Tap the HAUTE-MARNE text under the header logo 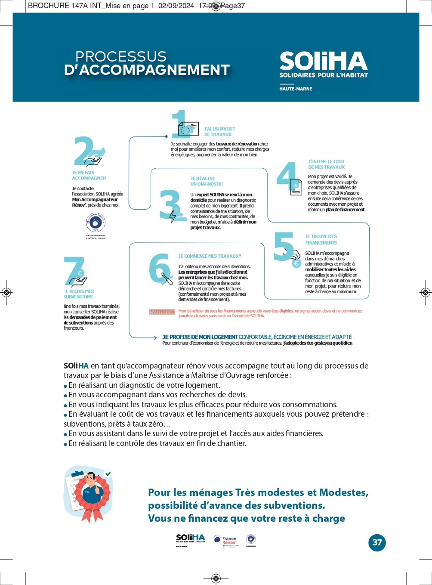(x=296, y=89)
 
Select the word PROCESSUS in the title (x=120, y=56)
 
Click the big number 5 (x=284, y=246)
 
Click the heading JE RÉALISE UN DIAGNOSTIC (x=207, y=181)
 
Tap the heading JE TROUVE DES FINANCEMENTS (x=321, y=239)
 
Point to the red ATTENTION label (x=162, y=312)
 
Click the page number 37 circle (x=377, y=542)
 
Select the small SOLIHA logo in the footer (x=191, y=539)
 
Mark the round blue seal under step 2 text (x=96, y=223)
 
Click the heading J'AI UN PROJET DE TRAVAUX (x=219, y=132)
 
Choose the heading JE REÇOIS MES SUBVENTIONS (x=79, y=294)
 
